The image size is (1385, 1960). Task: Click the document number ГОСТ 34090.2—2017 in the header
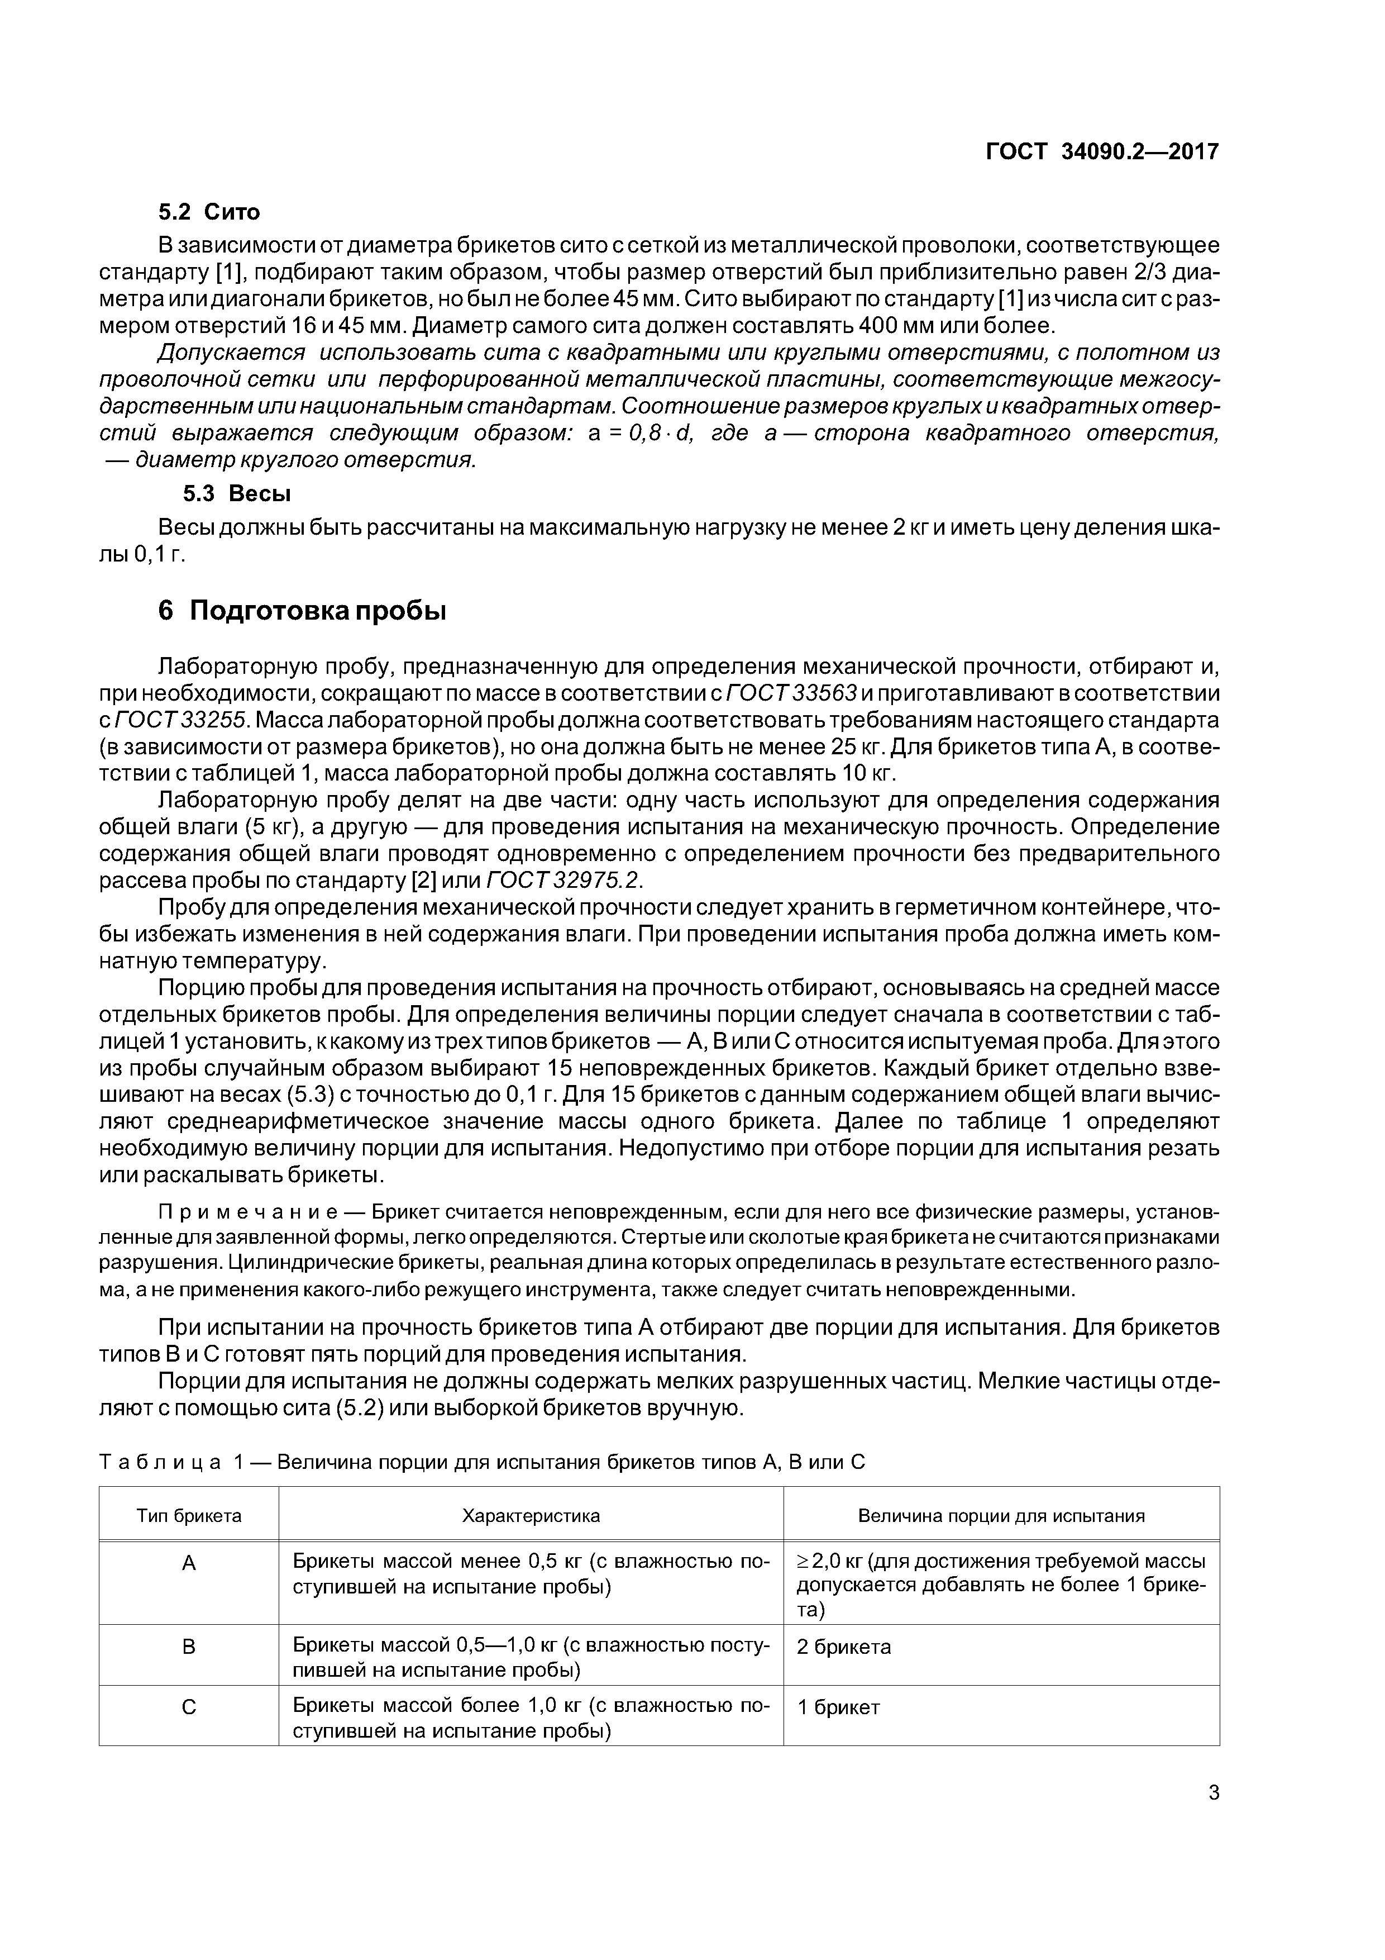click(1102, 152)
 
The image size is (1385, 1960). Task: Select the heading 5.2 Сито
click(209, 212)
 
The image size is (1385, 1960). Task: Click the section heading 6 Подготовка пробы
click(302, 611)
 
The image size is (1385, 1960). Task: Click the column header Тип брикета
click(189, 1515)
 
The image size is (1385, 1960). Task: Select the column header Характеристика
click(530, 1515)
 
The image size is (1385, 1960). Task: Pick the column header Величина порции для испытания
click(1000, 1515)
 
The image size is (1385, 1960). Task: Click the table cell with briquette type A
click(189, 1562)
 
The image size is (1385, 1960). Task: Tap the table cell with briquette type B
click(189, 1646)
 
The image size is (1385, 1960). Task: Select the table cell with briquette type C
click(189, 1706)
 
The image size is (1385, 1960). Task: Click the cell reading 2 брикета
click(843, 1646)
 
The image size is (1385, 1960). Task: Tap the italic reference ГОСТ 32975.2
click(563, 880)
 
